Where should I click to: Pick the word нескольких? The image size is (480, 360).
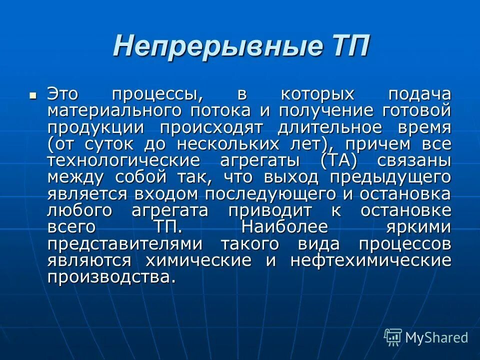232,144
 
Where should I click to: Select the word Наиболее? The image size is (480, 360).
284,227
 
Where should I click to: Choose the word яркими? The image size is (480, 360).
418,227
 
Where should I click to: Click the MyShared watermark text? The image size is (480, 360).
436,337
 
